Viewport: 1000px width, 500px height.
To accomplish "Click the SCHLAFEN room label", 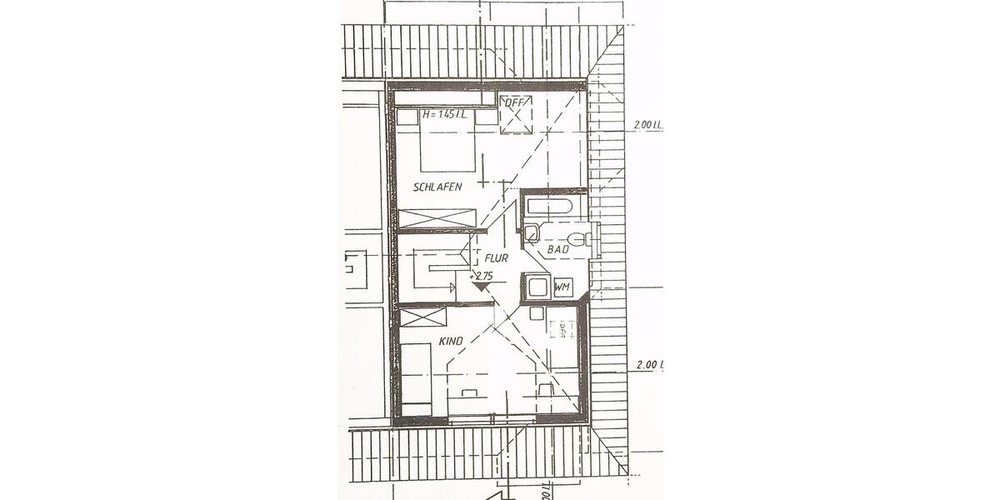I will click(x=437, y=187).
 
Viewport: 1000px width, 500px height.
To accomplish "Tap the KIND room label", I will click(x=451, y=342).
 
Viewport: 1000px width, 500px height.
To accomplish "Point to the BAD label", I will click(x=557, y=249).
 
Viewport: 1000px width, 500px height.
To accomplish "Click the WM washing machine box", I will click(x=562, y=287).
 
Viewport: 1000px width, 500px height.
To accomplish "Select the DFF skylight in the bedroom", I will click(x=514, y=114).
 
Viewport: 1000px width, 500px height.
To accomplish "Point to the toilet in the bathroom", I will click(x=592, y=239).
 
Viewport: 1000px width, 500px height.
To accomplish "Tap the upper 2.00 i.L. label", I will click(x=647, y=125).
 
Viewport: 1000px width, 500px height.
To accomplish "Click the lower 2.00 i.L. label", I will click(x=649, y=365).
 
